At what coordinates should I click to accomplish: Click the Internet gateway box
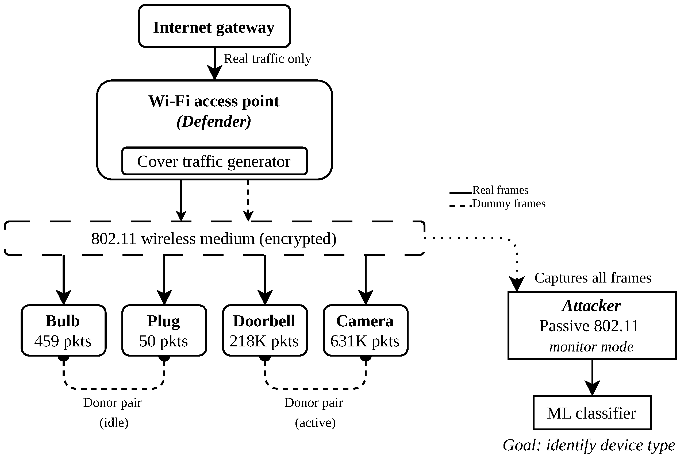click(214, 26)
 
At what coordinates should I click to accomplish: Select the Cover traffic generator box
click(214, 161)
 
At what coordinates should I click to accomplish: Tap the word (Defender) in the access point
click(214, 121)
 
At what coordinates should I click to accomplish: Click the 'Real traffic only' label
click(267, 59)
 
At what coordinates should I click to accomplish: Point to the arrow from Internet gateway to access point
click(214, 63)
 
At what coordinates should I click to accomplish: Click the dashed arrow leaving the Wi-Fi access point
click(248, 200)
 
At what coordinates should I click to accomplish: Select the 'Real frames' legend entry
click(489, 190)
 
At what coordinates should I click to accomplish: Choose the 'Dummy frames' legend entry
click(497, 204)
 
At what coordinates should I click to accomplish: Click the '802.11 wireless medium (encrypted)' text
click(214, 238)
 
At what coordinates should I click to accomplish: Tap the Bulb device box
click(63, 330)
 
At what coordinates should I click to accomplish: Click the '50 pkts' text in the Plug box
click(163, 341)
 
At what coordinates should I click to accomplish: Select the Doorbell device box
click(265, 330)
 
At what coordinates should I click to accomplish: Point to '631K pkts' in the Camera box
click(365, 341)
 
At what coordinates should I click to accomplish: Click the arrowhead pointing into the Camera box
click(365, 297)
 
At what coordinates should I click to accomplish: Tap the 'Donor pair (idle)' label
click(113, 412)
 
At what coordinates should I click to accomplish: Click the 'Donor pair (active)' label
click(314, 412)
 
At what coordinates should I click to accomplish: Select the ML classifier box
click(592, 412)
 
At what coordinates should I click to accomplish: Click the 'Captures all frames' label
click(593, 277)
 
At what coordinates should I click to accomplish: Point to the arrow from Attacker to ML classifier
click(592, 377)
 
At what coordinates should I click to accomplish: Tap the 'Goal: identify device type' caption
click(589, 445)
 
